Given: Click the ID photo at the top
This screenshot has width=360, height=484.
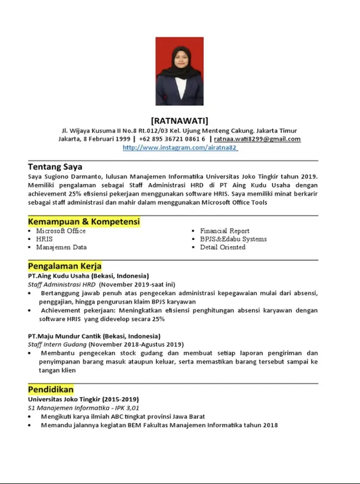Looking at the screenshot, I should pos(179,71).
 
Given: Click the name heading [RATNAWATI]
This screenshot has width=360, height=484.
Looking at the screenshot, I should pos(179,120).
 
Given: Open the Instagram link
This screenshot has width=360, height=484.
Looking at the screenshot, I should pos(180,147).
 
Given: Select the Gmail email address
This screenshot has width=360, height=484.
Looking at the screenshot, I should pos(257,139).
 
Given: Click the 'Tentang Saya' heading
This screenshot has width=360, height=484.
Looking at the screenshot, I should pos(55,167).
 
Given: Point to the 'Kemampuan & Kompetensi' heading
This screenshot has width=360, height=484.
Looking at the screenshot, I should pos(84,222).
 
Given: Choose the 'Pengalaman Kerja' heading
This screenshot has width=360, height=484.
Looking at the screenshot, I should pos(65,266).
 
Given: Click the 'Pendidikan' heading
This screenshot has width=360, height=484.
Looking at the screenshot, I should pos(51,389).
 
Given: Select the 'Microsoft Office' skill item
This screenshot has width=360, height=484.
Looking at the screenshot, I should pos(61,231).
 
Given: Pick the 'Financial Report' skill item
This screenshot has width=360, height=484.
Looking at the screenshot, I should pos(224,231).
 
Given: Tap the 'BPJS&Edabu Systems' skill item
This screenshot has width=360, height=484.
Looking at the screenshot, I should pos(233,239).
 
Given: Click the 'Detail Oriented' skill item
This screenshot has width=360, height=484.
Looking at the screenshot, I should pos(223,247).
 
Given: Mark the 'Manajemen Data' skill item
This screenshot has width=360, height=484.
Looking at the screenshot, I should pos(61,247).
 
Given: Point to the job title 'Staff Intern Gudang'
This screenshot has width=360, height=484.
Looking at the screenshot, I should pos(57,344).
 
